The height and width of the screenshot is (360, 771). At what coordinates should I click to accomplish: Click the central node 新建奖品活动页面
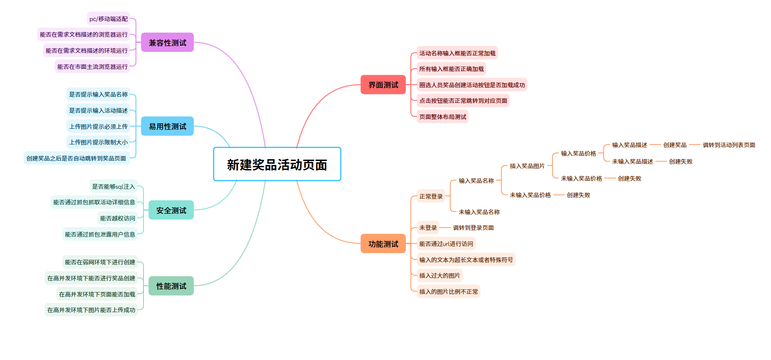pyautogui.click(x=277, y=164)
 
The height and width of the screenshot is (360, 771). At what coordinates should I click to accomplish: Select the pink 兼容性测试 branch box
pyautogui.click(x=167, y=42)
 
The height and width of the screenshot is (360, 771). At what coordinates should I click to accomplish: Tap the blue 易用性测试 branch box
pyautogui.click(x=167, y=126)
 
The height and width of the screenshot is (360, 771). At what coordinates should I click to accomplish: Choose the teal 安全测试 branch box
pyautogui.click(x=171, y=210)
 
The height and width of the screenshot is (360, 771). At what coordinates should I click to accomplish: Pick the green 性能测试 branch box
pyautogui.click(x=171, y=286)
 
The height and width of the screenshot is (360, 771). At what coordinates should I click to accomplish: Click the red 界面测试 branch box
pyautogui.click(x=383, y=85)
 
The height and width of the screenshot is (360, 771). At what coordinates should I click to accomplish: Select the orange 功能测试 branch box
pyautogui.click(x=383, y=244)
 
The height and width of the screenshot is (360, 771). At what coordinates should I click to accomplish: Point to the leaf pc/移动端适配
pyautogui.click(x=109, y=19)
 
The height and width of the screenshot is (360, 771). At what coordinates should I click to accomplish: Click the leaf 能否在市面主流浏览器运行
pyautogui.click(x=93, y=67)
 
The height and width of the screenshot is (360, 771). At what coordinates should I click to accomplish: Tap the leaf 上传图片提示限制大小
pyautogui.click(x=98, y=142)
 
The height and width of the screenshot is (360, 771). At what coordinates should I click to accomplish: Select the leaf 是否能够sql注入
pyautogui.click(x=113, y=186)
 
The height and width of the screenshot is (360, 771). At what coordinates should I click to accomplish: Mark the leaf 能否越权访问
pyautogui.click(x=118, y=218)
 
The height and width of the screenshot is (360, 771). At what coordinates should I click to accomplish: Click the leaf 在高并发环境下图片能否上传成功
pyautogui.click(x=91, y=310)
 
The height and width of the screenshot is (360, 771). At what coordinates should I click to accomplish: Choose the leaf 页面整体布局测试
pyautogui.click(x=442, y=117)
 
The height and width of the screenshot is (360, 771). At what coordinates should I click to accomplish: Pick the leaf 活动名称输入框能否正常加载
pyautogui.click(x=457, y=53)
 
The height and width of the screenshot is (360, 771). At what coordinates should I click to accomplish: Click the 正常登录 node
pyautogui.click(x=431, y=196)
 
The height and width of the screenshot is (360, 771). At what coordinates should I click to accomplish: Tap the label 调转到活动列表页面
pyautogui.click(x=729, y=145)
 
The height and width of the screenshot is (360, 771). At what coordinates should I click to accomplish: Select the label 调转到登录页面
pyautogui.click(x=473, y=228)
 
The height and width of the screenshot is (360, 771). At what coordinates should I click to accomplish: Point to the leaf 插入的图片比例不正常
pyautogui.click(x=448, y=292)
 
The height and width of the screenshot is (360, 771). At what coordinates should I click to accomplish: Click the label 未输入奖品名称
pyautogui.click(x=479, y=212)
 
